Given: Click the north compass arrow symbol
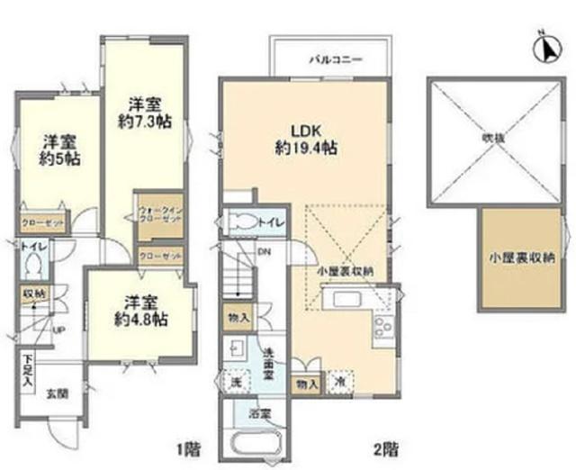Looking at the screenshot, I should [x=546, y=49].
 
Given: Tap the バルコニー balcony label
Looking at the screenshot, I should [x=335, y=59].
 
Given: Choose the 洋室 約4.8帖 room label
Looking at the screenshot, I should [x=142, y=310].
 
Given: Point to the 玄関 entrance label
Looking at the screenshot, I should [x=57, y=393].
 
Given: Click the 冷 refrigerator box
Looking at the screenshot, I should [x=339, y=381].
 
